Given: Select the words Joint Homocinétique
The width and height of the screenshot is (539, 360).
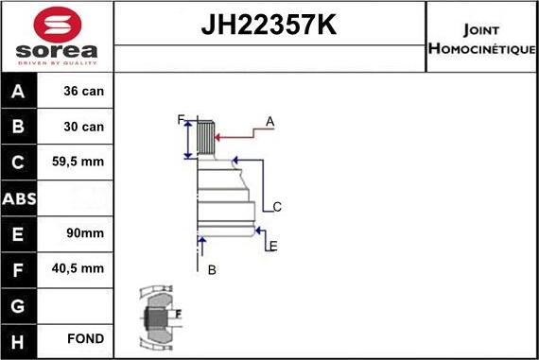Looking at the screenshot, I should point(481,38).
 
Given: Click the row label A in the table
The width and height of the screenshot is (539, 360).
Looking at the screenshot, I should point(19,92).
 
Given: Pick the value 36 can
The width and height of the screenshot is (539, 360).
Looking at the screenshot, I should point(84,92).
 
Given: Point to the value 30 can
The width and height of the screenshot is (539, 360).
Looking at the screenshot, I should point(84,127).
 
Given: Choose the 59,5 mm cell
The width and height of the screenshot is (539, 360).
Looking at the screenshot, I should point(84,163).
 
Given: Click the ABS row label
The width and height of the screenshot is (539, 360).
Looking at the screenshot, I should point(19,197).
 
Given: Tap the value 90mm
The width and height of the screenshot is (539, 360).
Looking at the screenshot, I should point(84,233).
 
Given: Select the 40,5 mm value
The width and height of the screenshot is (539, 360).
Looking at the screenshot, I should point(84,268).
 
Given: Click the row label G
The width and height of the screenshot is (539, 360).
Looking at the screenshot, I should point(19,304).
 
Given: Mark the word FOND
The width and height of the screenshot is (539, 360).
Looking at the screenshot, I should point(84,339).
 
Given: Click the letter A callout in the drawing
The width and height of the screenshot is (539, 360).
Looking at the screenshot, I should point(269,121).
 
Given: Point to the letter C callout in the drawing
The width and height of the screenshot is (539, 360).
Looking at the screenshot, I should point(277,207).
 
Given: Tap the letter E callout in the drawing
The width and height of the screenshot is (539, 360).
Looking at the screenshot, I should point(272,247).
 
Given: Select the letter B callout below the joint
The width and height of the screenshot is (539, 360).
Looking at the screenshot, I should point(212,270).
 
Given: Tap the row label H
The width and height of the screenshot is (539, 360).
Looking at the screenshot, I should point(19,339).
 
